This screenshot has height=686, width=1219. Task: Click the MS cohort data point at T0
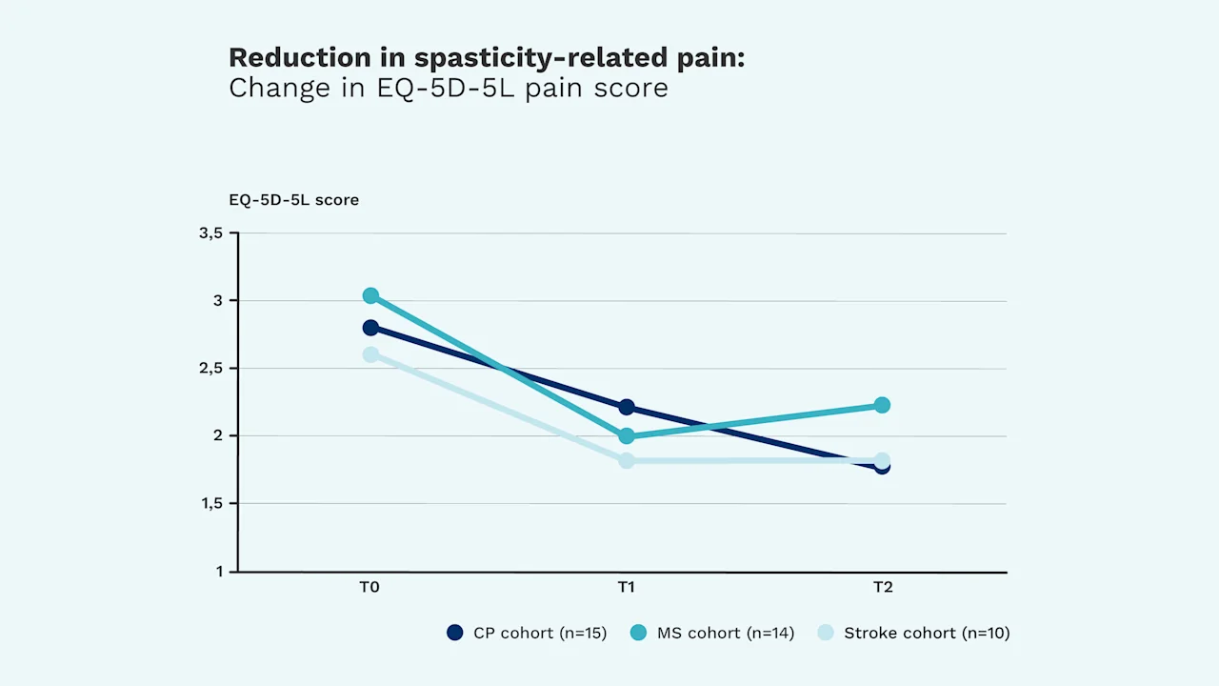[x=370, y=295]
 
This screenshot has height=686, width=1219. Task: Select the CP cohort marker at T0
[x=370, y=328]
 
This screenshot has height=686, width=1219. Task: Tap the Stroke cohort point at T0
[x=370, y=355]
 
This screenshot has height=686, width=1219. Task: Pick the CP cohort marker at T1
[x=627, y=407]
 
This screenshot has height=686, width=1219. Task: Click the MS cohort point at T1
[x=627, y=435]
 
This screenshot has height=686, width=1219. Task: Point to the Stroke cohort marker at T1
[x=627, y=460]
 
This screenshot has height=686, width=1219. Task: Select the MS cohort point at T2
[x=882, y=405]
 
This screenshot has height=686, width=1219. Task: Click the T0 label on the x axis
[x=370, y=587]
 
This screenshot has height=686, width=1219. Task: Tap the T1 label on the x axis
[x=626, y=587]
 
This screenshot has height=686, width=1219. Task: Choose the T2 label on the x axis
[x=883, y=587]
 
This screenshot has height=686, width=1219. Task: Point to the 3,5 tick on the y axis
[x=211, y=233]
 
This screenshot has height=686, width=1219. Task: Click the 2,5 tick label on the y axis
[x=211, y=369]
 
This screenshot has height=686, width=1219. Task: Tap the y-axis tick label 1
[x=219, y=571]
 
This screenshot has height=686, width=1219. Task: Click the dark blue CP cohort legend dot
[x=455, y=633]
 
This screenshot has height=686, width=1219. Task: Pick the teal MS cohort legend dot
[x=638, y=633]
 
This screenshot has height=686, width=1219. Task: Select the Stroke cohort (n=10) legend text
[x=927, y=634]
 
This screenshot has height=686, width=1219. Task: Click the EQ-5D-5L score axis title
[x=294, y=200]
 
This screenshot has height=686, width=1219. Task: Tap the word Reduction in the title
[x=299, y=57]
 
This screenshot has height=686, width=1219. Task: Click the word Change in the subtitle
[x=279, y=89]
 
